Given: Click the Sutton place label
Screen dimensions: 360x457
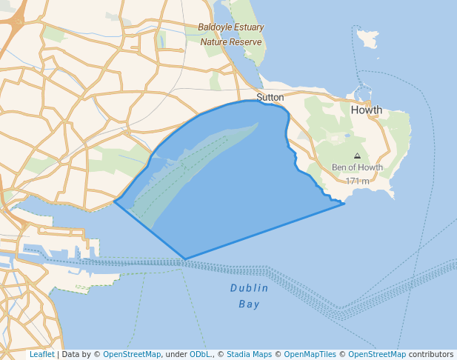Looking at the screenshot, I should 270,97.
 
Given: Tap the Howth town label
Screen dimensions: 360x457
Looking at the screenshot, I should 366,110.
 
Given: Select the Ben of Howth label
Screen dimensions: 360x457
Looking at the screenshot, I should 357,167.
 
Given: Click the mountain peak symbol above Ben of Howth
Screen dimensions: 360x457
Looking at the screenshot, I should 357,156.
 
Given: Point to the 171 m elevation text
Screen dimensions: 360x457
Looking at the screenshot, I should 357,181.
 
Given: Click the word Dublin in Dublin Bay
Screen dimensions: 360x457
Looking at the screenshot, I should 249,288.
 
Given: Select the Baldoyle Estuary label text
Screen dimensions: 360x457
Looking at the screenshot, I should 231,27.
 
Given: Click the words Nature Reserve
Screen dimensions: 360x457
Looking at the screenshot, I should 231,42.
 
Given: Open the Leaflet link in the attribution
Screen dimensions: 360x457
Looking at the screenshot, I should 41,354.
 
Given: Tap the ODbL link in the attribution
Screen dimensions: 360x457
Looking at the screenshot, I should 200,354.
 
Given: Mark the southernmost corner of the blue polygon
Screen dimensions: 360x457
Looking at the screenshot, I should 185,259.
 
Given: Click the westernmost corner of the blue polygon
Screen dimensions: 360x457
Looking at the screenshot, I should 115,201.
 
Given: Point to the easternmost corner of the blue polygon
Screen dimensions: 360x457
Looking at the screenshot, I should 344,203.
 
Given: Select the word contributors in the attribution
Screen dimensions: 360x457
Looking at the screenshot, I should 430,354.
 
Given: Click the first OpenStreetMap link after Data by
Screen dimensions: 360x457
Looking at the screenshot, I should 132,354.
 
